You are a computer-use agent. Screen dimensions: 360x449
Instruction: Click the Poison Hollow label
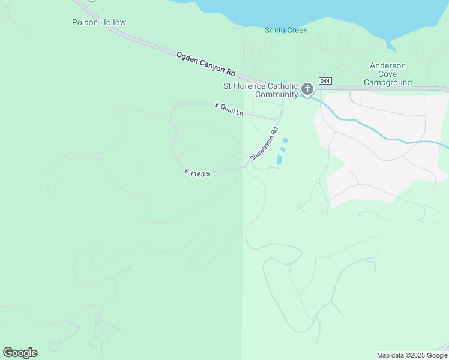[99, 23]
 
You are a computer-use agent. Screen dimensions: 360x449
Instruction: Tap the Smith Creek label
[286, 30]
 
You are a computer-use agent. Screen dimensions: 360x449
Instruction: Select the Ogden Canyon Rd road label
[206, 64]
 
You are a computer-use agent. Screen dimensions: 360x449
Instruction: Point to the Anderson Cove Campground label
[388, 74]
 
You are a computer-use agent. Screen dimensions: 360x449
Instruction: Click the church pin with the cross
[307, 89]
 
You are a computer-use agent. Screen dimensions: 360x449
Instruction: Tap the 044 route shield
[325, 81]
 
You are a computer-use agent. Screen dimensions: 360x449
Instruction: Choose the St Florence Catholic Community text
[261, 90]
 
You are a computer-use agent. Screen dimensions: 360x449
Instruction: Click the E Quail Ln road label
[229, 109]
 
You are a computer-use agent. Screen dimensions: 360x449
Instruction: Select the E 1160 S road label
[197, 173]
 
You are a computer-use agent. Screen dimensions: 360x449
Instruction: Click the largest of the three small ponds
[279, 160]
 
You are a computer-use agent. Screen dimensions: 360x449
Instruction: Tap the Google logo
[20, 353]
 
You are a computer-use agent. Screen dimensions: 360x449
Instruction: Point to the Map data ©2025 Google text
[412, 355]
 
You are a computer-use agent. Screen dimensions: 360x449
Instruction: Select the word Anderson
[388, 65]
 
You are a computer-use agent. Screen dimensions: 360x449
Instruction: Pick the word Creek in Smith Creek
[296, 30]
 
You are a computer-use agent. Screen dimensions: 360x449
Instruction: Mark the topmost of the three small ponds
[285, 141]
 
